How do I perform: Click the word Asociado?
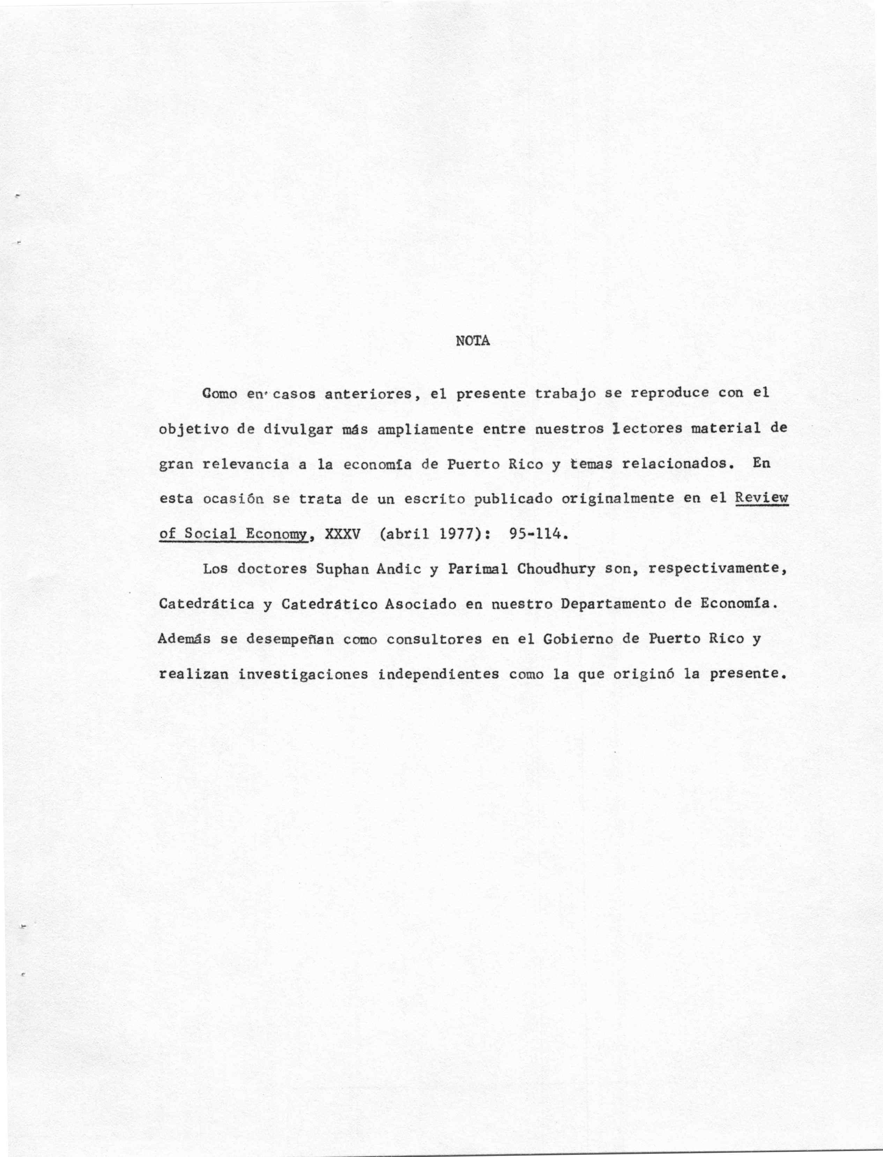[x=421, y=604]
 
